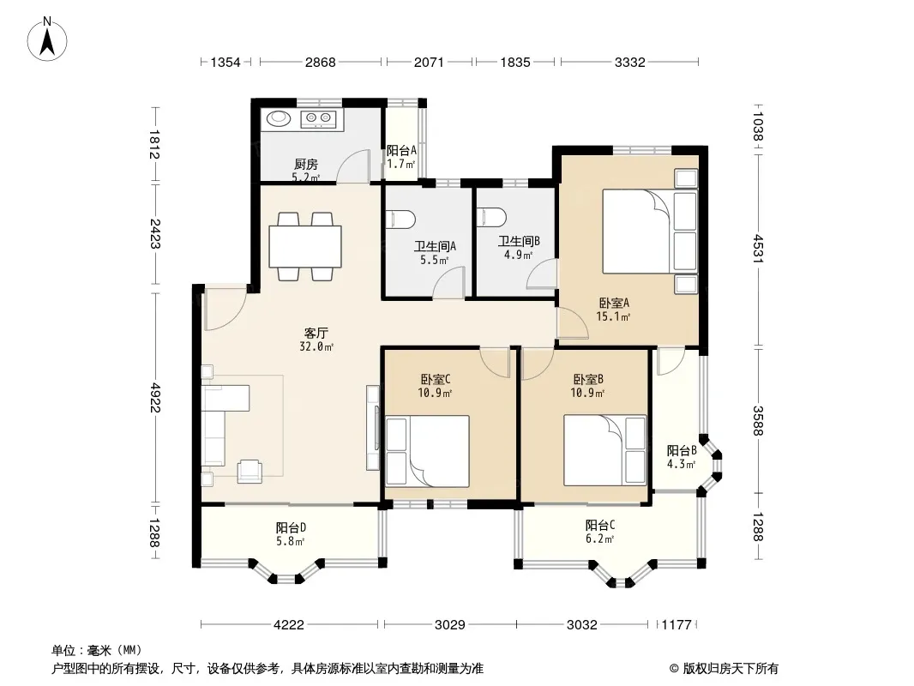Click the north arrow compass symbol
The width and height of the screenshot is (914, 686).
coord(47,39)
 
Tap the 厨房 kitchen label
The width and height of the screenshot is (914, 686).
coord(306,165)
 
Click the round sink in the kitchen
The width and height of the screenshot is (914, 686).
coord(279,118)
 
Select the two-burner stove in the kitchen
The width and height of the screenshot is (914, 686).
coord(318,119)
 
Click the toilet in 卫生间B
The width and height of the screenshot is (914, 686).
coord(492,216)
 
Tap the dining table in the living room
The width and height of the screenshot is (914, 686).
coord(305,246)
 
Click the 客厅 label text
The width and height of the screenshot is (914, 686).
coord(316,334)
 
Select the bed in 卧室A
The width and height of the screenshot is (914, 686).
coord(650,232)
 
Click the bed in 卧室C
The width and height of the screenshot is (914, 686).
coord(427,450)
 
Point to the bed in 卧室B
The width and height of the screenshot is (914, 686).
coord(605,450)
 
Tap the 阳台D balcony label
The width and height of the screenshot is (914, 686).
coord(292,528)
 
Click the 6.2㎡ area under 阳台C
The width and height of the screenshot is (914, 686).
coord(600,539)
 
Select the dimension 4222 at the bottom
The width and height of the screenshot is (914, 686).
coord(289,625)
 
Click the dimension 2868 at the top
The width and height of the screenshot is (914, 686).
coord(321,62)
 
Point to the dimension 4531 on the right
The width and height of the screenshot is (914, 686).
coord(758,249)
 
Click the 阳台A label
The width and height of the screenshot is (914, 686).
coord(401,150)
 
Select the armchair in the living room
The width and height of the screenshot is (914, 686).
coord(250,471)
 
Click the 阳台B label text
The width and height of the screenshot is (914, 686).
coord(682,450)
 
